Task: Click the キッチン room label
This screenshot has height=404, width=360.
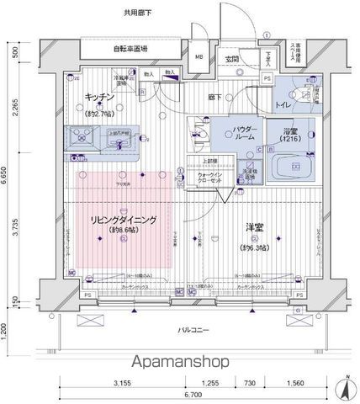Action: [x=100, y=98]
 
